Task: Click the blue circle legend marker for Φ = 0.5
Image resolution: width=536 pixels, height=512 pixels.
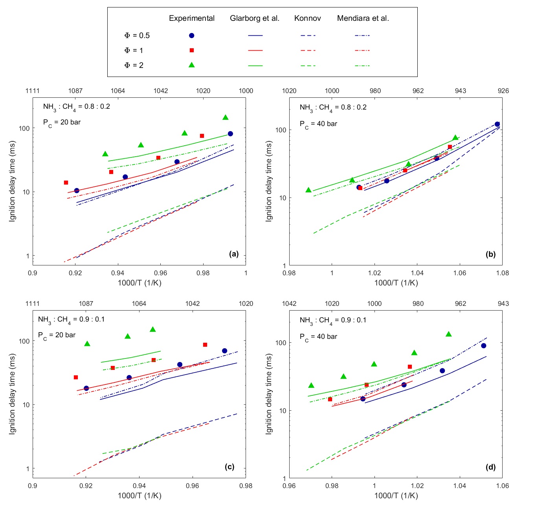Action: pos(192,35)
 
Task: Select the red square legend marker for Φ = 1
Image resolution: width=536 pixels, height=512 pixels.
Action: pos(192,50)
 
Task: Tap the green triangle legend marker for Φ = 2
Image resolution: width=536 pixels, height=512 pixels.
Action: pos(192,65)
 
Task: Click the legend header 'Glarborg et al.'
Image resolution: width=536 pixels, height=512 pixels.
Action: pos(255,18)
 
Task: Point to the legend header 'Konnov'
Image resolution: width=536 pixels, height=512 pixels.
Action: pos(308,18)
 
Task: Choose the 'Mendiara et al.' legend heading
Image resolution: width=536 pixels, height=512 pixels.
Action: pos(363,18)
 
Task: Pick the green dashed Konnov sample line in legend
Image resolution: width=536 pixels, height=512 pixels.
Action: pos(308,66)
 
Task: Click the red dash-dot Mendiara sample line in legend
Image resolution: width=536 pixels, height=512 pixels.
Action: pos(362,51)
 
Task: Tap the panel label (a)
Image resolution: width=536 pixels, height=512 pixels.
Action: pos(234,254)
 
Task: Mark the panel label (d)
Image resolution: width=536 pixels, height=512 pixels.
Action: pos(490,467)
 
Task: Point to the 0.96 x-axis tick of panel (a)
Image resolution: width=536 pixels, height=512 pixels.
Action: pos(160,273)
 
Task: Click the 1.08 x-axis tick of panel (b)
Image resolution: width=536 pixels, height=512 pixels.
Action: pos(502,273)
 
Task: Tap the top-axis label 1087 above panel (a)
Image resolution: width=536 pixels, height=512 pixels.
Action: pos(75,91)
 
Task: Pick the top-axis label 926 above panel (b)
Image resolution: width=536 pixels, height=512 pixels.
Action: pos(503,91)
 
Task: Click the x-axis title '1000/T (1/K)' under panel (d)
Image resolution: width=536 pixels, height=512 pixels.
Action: pos(396,496)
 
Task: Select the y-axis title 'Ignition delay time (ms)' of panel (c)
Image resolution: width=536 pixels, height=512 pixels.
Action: pos(13,394)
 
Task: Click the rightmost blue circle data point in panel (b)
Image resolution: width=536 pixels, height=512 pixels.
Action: pos(497,124)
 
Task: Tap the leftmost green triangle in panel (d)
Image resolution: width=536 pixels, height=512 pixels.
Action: pos(311,386)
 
